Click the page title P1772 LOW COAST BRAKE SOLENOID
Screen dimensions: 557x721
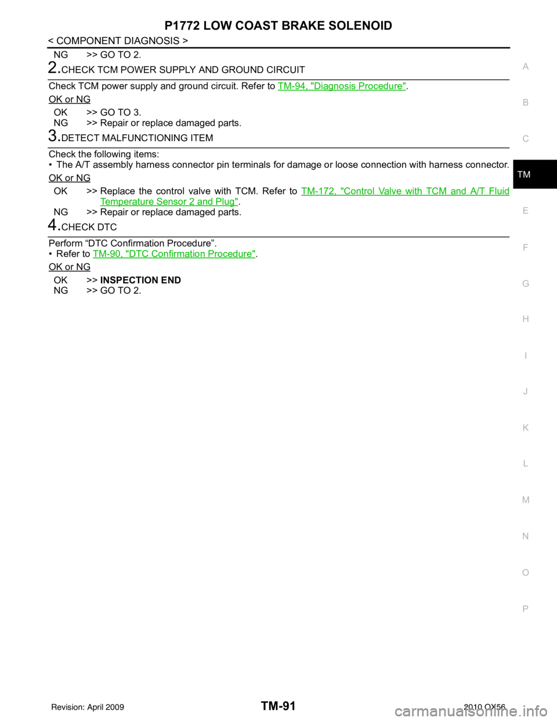(x=278, y=26)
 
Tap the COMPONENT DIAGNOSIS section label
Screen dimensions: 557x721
(x=118, y=41)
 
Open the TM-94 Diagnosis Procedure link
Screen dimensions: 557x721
(x=342, y=86)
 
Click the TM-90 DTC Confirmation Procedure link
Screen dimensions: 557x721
(x=174, y=254)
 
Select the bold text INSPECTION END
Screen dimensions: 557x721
(x=140, y=280)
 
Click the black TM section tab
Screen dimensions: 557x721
(x=535, y=174)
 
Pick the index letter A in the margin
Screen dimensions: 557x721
(x=526, y=67)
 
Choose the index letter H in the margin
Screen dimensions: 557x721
(x=526, y=319)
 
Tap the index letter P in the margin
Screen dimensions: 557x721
(x=526, y=609)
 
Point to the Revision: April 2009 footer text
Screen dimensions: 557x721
(x=88, y=707)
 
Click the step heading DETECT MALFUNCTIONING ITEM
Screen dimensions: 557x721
(x=138, y=138)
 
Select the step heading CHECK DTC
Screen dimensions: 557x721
(x=89, y=228)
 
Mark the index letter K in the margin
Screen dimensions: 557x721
(x=526, y=428)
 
